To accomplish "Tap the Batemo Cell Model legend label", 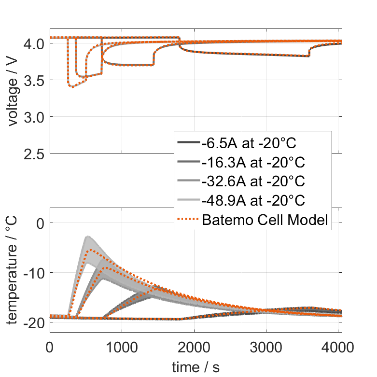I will [265, 220].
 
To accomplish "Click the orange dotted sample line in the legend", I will [188, 220].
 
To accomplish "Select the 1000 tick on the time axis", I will [122, 347].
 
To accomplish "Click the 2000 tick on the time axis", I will [194, 347].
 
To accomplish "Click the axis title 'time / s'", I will [195, 367].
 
